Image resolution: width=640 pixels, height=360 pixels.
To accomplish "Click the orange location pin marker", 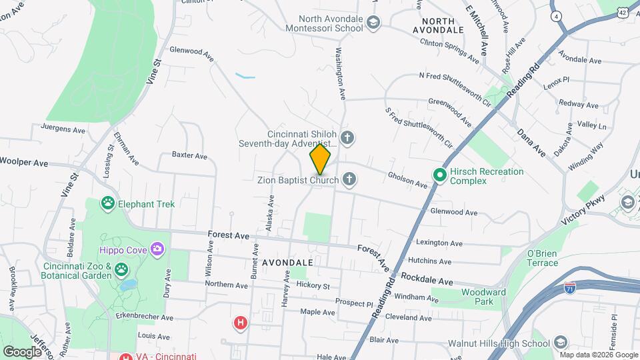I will pyautogui.click(x=320, y=159).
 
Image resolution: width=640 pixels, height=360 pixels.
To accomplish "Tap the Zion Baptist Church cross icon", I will pyautogui.click(x=349, y=179).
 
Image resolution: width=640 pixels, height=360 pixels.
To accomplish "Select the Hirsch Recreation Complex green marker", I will pyautogui.click(x=440, y=175).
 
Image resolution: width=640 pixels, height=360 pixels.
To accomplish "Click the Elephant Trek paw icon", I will pyautogui.click(x=108, y=203).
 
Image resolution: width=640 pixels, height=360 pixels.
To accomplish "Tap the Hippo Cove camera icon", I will pyautogui.click(x=157, y=249).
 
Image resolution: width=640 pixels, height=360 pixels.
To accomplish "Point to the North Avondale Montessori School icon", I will pyautogui.click(x=373, y=23).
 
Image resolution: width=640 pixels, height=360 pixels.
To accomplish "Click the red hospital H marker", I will pyautogui.click(x=241, y=323).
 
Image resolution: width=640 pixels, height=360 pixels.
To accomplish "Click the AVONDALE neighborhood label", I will pyautogui.click(x=287, y=263).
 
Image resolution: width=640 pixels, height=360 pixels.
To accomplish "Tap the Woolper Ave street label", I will pyautogui.click(x=24, y=162).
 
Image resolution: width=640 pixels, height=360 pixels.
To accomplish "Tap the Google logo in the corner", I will pyautogui.click(x=22, y=351).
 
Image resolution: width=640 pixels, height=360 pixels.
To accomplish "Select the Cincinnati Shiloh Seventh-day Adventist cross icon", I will pyautogui.click(x=347, y=138).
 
